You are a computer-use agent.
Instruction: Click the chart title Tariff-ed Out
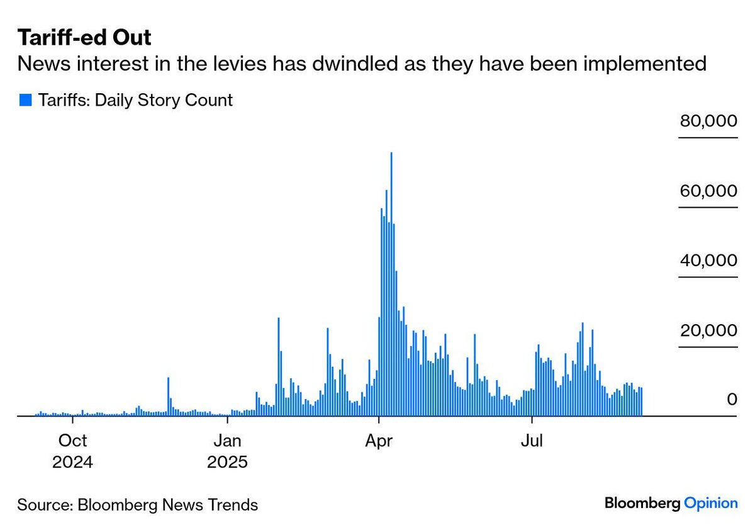[x=84, y=38]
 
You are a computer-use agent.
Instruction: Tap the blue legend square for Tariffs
[x=25, y=99]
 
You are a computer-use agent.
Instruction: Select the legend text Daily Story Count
[x=164, y=99]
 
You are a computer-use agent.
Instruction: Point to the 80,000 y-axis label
[x=708, y=121]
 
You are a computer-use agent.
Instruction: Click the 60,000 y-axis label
[x=708, y=191]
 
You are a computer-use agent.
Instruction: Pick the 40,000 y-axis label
[x=708, y=261]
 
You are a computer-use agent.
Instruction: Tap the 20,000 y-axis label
[x=708, y=331]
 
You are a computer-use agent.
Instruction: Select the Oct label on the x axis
[x=73, y=440]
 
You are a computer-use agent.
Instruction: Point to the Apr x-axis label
[x=379, y=440]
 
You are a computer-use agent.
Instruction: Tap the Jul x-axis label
[x=532, y=440]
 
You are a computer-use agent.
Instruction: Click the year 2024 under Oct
[x=73, y=462]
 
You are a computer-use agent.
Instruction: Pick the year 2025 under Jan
[x=227, y=462]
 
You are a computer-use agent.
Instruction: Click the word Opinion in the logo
[x=710, y=503]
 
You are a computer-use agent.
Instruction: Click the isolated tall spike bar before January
[x=169, y=397]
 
